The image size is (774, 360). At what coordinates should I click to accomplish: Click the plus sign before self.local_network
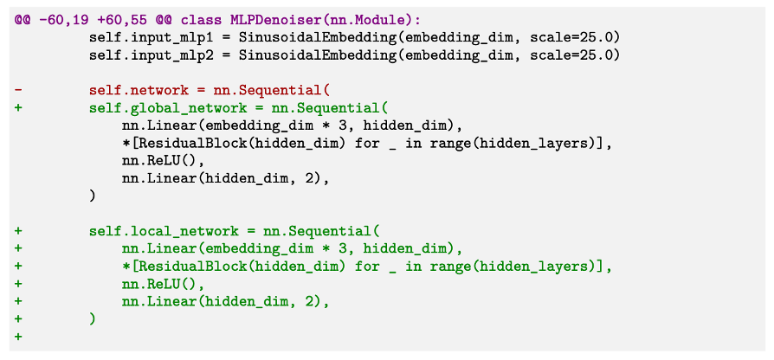click(x=18, y=231)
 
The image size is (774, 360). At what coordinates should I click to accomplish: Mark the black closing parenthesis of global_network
click(x=92, y=196)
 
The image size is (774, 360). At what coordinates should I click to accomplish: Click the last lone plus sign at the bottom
click(x=18, y=337)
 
